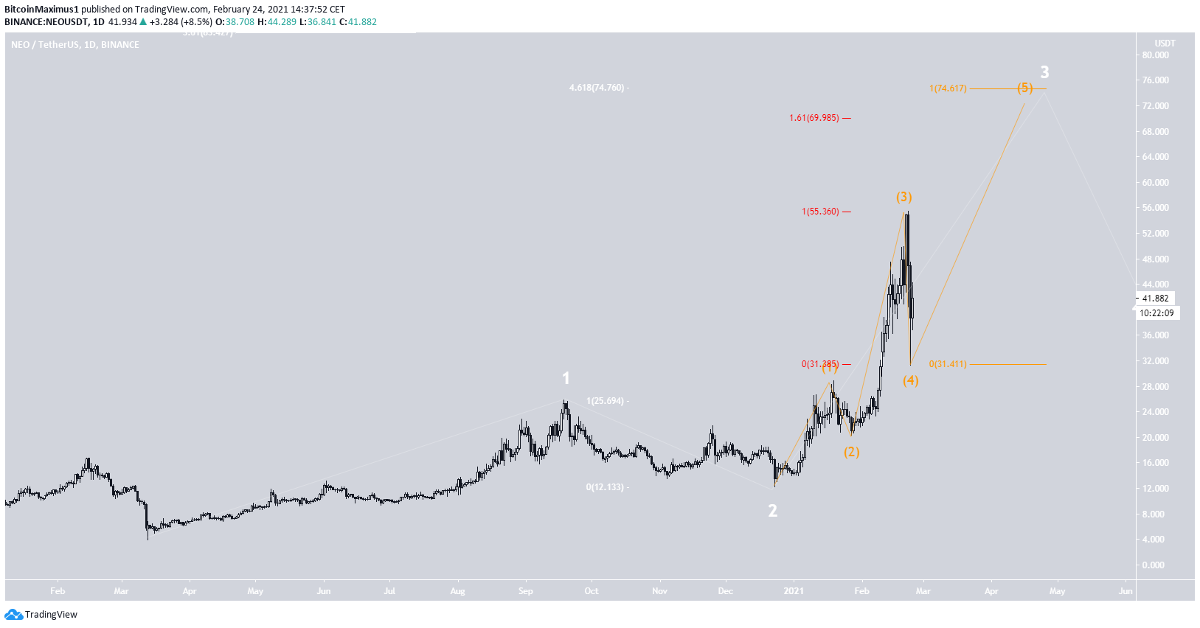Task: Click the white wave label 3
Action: click(1044, 72)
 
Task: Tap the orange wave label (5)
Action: click(1024, 88)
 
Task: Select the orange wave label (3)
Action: click(904, 197)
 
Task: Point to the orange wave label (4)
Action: click(911, 380)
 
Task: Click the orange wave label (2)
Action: click(852, 452)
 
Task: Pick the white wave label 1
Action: click(566, 378)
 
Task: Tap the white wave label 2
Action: click(772, 511)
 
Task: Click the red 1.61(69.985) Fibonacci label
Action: click(814, 118)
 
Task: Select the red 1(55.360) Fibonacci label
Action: click(820, 212)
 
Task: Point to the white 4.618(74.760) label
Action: click(597, 88)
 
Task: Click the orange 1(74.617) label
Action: click(948, 88)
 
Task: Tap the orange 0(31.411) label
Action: click(948, 364)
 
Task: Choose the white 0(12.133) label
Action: click(605, 487)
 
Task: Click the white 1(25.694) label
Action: click(606, 401)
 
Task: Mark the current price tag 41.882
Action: click(1155, 299)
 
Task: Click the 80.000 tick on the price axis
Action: click(1155, 55)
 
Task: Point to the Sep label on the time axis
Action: click(525, 591)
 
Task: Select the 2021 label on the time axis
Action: click(794, 591)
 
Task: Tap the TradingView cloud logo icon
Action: click(13, 615)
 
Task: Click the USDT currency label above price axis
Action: click(1165, 43)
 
